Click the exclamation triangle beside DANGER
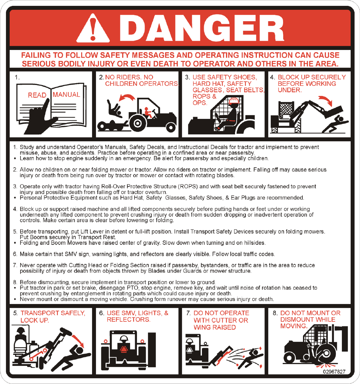pos(93,28)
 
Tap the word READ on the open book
pos(37,95)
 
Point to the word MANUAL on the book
pos(66,95)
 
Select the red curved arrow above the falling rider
pos(127,97)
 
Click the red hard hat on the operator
pos(234,101)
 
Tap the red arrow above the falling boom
pos(325,101)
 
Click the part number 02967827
pos(334,371)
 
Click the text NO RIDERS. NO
pos(129,77)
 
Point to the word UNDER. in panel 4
pos(289,90)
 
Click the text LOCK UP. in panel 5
pos(35,320)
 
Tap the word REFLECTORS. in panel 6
pos(128,319)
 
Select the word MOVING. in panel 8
pos(294,326)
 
